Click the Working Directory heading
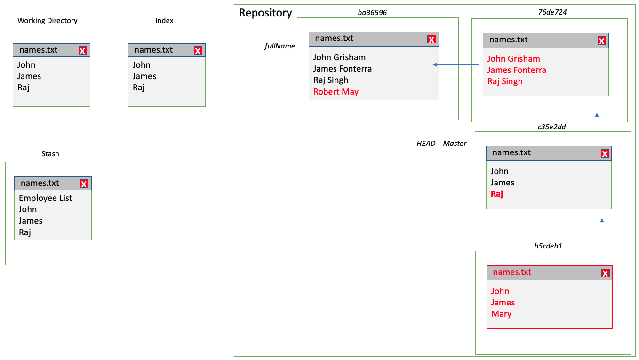click(48, 21)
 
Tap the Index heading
click(164, 21)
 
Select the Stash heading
click(50, 154)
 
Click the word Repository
click(265, 13)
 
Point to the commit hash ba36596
click(372, 13)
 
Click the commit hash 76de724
click(552, 12)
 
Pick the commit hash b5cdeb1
click(548, 246)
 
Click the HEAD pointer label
click(426, 144)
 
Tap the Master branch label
click(455, 144)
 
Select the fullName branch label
click(280, 46)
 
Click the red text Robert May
click(336, 92)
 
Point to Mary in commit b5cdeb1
click(501, 314)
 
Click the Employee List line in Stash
click(46, 198)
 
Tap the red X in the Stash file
click(84, 184)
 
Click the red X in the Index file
click(198, 50)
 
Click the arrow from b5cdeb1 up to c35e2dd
click(602, 234)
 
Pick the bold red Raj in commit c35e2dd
click(497, 194)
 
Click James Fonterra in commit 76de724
click(517, 70)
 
